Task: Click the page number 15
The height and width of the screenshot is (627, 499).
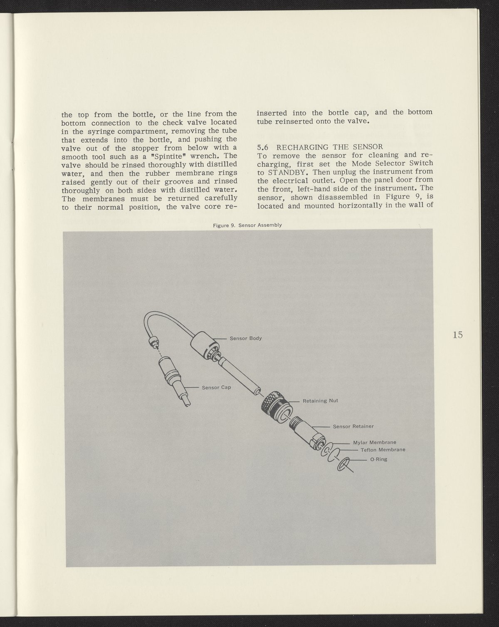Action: [x=458, y=335]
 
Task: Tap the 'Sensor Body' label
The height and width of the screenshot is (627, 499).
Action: [x=246, y=338]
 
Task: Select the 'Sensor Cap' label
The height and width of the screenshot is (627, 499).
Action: [x=216, y=387]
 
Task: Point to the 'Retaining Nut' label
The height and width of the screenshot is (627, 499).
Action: [x=320, y=401]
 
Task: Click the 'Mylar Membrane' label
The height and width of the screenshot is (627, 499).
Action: [x=374, y=442]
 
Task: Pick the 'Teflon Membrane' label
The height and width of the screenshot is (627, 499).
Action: [x=383, y=450]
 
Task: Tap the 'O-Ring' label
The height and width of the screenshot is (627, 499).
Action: [x=378, y=460]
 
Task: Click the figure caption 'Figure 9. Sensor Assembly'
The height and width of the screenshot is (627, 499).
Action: [x=247, y=225]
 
